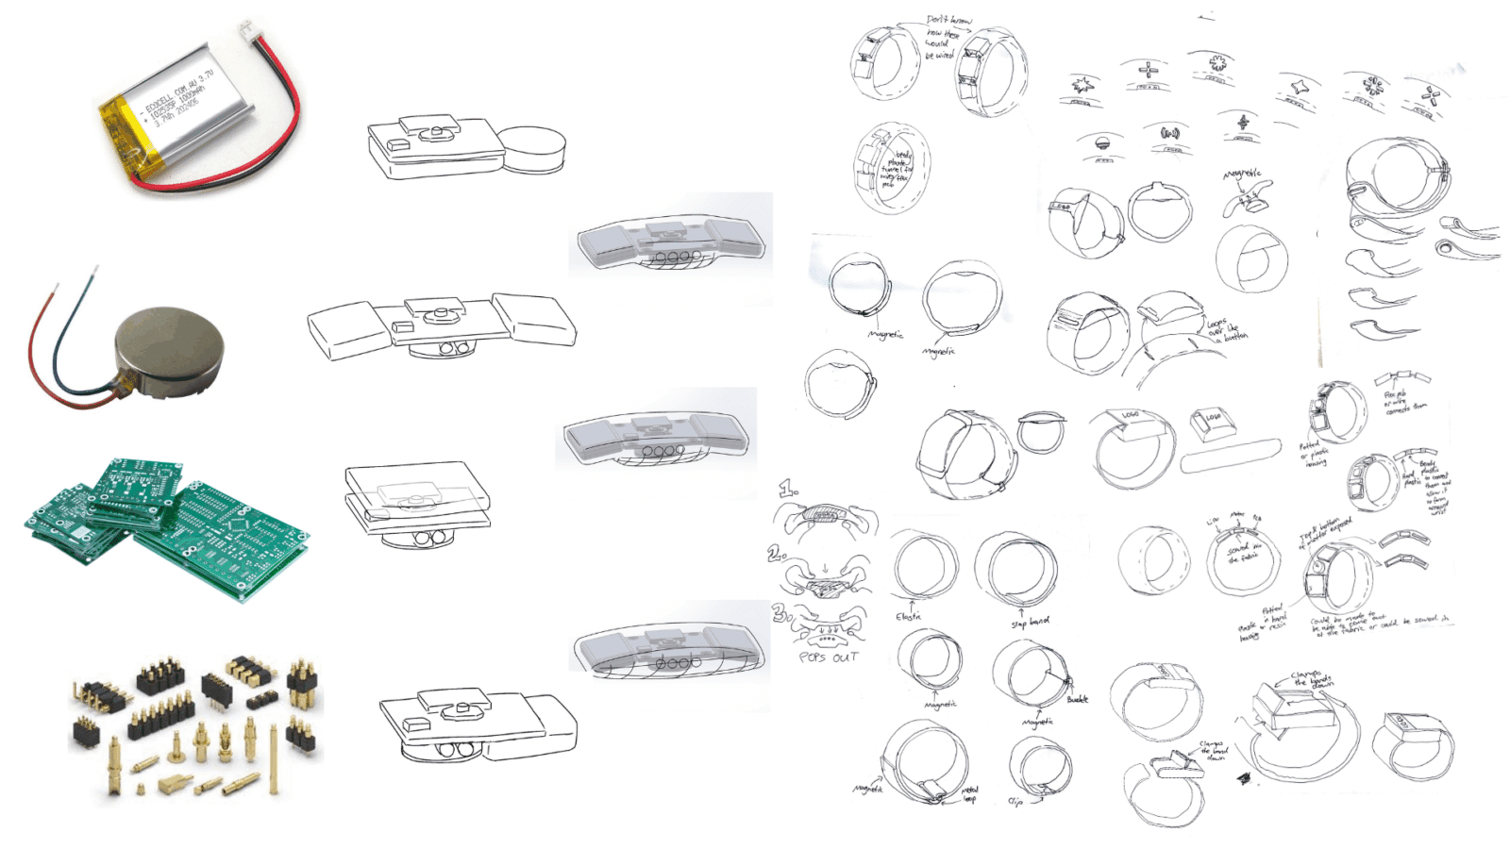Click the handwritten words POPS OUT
click(x=828, y=658)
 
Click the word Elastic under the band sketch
click(x=908, y=617)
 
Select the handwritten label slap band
click(x=1030, y=623)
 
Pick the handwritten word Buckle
click(x=1077, y=700)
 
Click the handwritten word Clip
click(x=1015, y=802)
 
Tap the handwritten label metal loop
click(x=969, y=794)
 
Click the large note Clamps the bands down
click(x=1311, y=679)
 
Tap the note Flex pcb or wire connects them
click(x=1403, y=403)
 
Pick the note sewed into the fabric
click(x=1243, y=554)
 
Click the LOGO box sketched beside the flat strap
click(x=1210, y=422)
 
